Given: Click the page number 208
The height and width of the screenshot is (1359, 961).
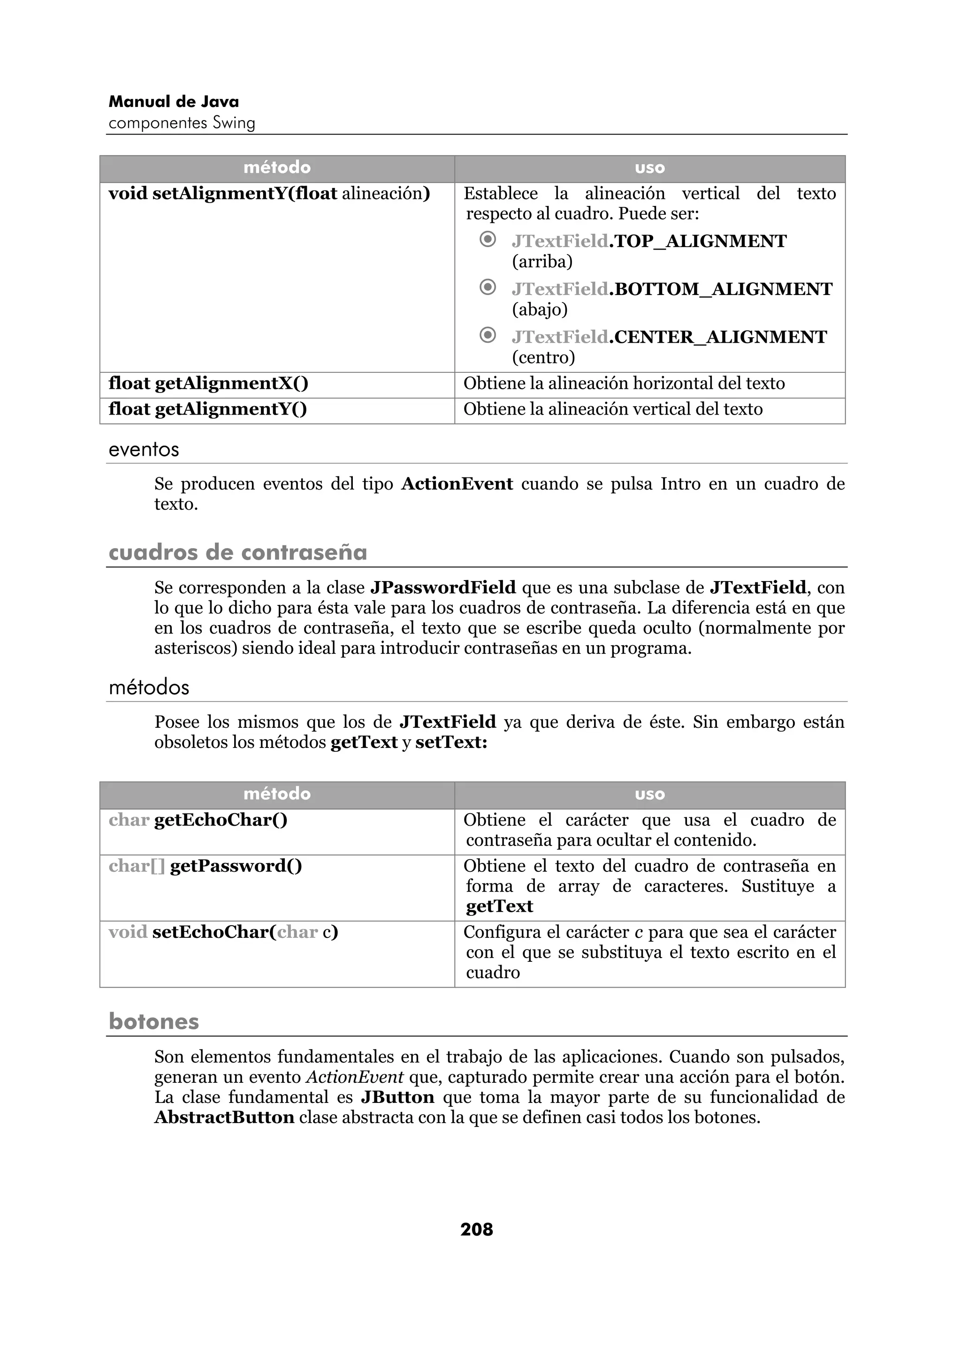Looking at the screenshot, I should point(476,1230).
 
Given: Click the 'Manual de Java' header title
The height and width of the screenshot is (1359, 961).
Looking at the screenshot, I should point(174,102).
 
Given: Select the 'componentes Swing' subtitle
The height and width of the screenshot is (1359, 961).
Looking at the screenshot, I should point(182,123).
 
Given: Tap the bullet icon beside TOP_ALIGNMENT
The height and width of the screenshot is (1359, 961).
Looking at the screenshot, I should point(488,240).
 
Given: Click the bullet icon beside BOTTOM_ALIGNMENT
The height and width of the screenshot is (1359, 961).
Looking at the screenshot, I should point(488,287).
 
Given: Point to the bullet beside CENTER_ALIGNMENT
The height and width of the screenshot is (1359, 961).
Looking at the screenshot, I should point(488,336).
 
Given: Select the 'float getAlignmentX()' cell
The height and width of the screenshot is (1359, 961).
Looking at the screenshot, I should point(208,384).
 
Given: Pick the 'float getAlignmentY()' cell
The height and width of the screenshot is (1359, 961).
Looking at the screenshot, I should point(208,409).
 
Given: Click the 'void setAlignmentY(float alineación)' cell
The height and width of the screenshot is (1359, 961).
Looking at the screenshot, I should point(269,194).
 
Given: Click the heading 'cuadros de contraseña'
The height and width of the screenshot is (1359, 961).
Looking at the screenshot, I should point(237,552).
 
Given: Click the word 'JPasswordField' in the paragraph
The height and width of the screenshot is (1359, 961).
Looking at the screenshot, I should point(443,588).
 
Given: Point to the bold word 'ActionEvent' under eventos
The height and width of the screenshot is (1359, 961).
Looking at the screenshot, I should point(457,484).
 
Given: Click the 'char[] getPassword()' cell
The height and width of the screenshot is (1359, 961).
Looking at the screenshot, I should point(206,867).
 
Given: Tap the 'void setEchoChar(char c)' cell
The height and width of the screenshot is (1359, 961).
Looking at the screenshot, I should point(223,932).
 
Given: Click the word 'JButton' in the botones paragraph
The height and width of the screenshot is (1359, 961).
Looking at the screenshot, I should point(397,1097).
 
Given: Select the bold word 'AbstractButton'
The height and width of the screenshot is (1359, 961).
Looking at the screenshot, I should point(224,1117).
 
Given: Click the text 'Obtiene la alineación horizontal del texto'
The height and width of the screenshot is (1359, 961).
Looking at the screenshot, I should point(624,384).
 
